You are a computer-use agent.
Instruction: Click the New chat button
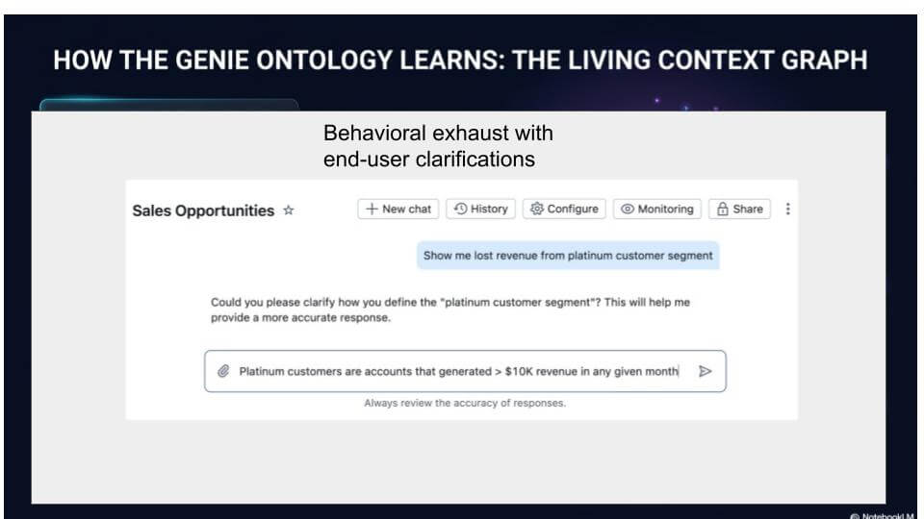point(398,209)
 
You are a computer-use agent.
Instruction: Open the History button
point(481,209)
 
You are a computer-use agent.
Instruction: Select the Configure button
point(564,209)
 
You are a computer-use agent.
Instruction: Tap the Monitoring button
point(657,209)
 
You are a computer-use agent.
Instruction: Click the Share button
point(739,209)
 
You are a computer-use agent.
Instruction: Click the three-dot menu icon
point(788,209)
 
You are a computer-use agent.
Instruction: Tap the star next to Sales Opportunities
point(288,210)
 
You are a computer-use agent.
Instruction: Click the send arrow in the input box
point(705,371)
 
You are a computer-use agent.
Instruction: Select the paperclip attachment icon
point(223,371)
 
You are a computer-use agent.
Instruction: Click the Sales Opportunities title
point(203,210)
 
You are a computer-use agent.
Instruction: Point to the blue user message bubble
point(568,256)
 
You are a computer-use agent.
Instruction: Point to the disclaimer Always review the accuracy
point(465,403)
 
